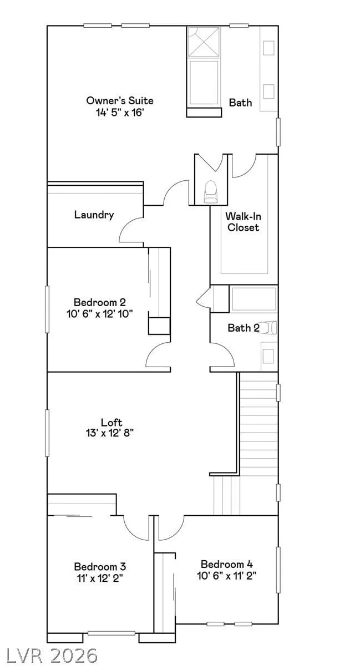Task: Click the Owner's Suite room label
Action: coord(120,100)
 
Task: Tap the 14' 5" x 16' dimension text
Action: coord(120,113)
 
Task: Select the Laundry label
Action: coord(94,215)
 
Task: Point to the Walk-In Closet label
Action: coord(243,222)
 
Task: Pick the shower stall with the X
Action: coord(204,42)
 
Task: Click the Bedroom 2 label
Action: coord(100,302)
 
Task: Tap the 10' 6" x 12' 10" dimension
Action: coord(100,314)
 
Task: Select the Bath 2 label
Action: coord(244,328)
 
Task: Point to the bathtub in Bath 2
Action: coord(253,299)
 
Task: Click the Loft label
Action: coord(111,422)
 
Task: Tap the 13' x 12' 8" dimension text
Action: coord(109,433)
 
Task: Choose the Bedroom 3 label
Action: coord(100,566)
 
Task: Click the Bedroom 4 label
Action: coord(227,564)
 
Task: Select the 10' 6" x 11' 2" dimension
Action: coord(227,576)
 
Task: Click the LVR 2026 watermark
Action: coord(52,654)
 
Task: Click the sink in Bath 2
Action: coord(268,356)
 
